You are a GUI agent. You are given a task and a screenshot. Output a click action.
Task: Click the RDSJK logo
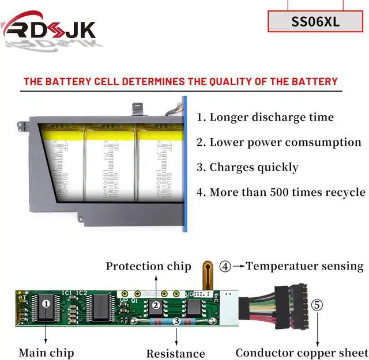point(48,26)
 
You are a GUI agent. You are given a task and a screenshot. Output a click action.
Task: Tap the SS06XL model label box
point(315,22)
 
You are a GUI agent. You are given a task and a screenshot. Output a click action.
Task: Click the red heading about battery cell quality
point(180,81)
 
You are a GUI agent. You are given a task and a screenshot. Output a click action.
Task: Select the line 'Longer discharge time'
point(265,118)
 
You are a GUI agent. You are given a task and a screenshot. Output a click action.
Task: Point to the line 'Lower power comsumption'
point(279,142)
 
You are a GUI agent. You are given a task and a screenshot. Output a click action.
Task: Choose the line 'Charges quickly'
point(247,168)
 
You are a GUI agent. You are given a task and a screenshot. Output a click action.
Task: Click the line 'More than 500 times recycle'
point(281,192)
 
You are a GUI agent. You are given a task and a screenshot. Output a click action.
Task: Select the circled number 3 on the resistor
point(176,320)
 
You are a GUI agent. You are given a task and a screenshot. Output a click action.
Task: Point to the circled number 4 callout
point(225,267)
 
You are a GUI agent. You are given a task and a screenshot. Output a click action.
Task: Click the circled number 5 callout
point(317,305)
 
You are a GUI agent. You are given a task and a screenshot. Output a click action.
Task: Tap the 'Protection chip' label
point(148,266)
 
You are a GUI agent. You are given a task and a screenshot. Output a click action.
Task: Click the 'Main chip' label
point(46,352)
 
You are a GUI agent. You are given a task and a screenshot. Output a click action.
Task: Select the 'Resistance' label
point(175,353)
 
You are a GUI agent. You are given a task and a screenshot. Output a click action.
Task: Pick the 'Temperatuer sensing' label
point(304,266)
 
